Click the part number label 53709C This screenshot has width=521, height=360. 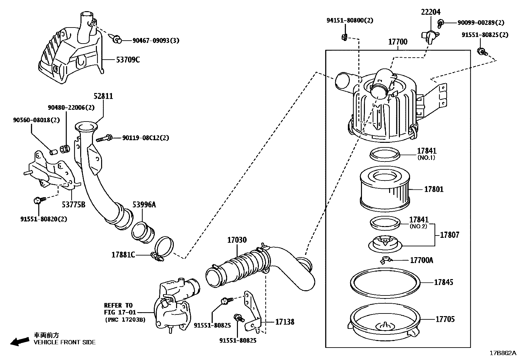[x=128, y=60]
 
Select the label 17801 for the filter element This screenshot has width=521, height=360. [x=434, y=189]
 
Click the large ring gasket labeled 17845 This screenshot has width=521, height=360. [x=385, y=282]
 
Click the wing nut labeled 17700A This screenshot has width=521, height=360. [x=386, y=260]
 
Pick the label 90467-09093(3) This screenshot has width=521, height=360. [x=156, y=41]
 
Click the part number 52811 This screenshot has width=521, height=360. [x=103, y=96]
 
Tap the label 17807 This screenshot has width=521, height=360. [x=449, y=235]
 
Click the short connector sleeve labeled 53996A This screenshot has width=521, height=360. [x=143, y=232]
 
